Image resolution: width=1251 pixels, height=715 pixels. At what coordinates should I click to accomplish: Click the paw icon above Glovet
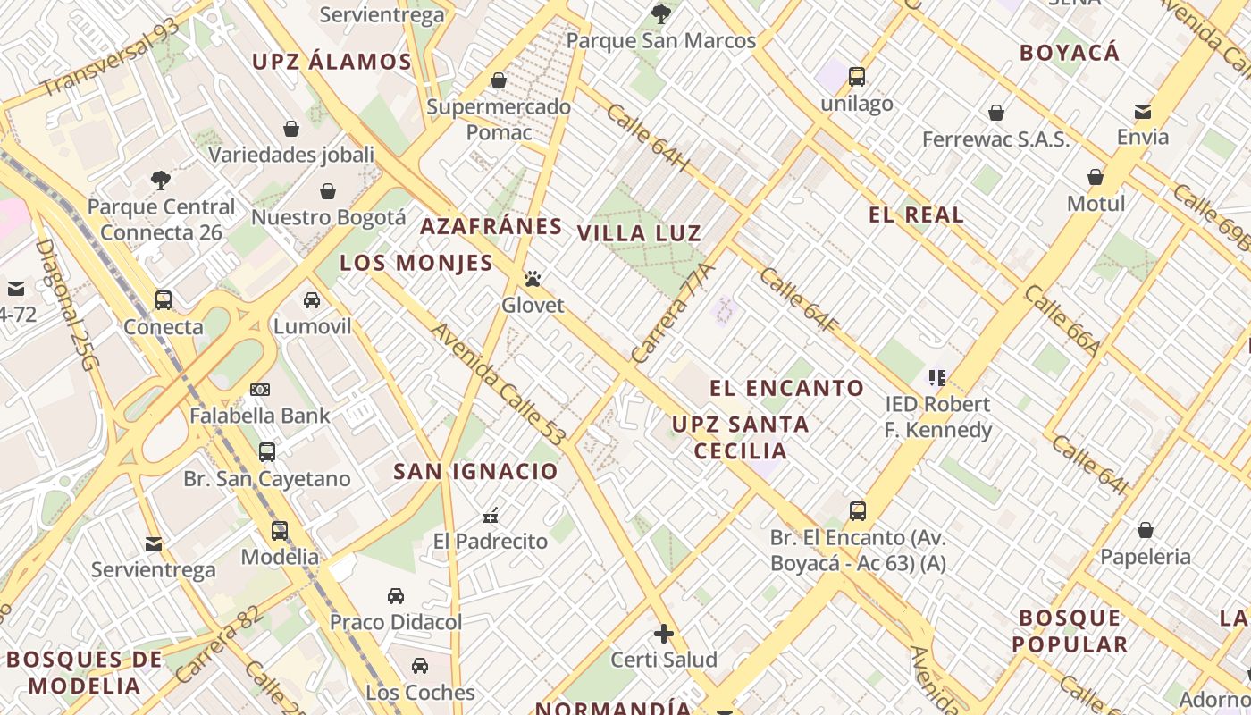(533, 279)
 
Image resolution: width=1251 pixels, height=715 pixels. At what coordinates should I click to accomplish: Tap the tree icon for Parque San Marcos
(661, 13)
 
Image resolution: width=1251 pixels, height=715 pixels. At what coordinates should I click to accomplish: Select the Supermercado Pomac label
(499, 120)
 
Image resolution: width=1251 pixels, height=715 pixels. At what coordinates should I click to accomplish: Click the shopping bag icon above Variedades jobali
(291, 129)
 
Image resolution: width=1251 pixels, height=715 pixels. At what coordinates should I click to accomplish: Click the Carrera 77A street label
(673, 313)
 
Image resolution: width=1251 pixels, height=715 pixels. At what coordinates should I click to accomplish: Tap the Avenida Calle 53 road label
(499, 384)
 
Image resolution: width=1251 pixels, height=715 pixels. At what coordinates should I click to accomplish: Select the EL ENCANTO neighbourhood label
(787, 388)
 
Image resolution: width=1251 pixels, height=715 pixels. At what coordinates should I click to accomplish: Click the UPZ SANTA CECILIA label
(741, 437)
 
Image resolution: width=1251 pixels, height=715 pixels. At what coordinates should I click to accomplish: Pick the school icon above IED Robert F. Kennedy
(936, 378)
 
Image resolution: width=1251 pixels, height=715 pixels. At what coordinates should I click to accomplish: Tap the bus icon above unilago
(857, 77)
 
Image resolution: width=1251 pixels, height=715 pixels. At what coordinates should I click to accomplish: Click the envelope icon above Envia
(1142, 111)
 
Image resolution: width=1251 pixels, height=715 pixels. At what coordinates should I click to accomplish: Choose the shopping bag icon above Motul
(1096, 177)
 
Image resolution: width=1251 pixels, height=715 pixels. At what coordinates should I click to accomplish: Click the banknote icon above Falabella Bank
(260, 390)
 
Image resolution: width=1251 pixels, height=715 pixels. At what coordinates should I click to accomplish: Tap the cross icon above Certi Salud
(664, 634)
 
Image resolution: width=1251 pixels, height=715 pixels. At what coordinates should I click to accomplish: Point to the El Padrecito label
(491, 541)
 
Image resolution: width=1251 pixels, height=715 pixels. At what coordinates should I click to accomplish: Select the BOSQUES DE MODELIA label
(85, 673)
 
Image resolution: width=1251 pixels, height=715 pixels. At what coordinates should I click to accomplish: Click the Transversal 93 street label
(110, 57)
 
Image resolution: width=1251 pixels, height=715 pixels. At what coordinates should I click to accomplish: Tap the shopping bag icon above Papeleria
(1146, 531)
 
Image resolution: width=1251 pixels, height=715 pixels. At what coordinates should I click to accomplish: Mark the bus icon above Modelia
(280, 531)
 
